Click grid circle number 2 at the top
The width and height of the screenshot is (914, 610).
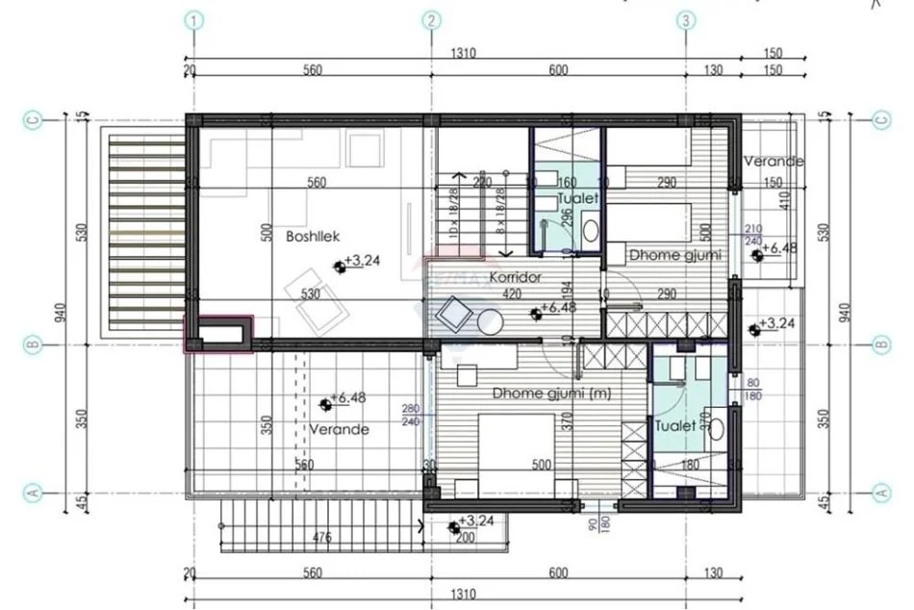coord(432,19)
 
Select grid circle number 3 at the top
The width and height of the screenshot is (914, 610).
coord(684,19)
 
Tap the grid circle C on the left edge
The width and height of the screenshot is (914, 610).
coord(33,120)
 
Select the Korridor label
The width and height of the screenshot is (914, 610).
coord(512,277)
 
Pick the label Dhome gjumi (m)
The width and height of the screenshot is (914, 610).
coord(539,393)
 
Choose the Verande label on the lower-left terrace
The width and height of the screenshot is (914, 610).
coord(339,429)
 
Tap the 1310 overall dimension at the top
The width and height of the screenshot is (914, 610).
coord(462,54)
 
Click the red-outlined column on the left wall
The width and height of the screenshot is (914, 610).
coord(219,335)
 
